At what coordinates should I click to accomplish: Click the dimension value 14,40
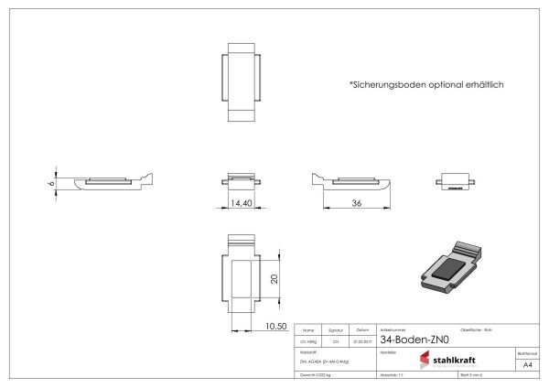click(x=242, y=202)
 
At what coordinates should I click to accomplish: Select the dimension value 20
click(x=273, y=279)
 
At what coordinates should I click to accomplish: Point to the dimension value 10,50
click(x=276, y=326)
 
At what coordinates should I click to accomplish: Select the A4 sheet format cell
click(x=526, y=363)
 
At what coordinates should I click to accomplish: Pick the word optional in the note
click(x=440, y=84)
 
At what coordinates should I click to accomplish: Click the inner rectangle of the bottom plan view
click(x=242, y=279)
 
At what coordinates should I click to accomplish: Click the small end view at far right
click(x=456, y=180)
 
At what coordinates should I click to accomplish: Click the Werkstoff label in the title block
click(x=308, y=351)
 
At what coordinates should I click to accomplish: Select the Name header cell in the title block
click(x=307, y=329)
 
